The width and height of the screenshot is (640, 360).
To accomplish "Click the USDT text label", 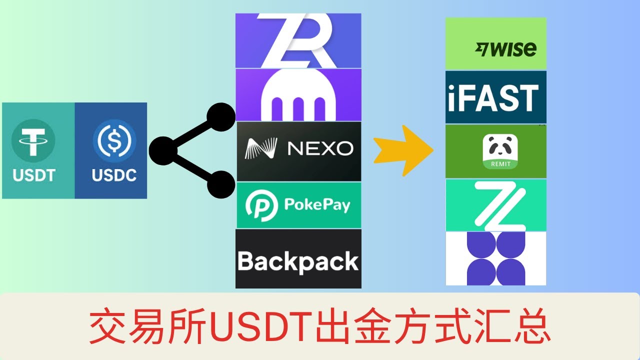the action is [x=34, y=175].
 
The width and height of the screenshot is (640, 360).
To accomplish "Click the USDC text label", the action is [x=114, y=175].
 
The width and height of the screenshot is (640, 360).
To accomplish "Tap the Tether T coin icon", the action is [x=33, y=141].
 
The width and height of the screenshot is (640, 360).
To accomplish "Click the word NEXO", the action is [x=320, y=148].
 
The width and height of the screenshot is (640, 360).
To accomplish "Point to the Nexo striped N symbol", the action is [x=261, y=148].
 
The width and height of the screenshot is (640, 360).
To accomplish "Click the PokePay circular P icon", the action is [x=261, y=205].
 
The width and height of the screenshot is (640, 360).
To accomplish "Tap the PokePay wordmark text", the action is [x=317, y=205].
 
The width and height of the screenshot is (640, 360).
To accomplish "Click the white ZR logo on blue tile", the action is [x=297, y=40].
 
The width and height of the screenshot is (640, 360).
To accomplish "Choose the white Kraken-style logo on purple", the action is [x=298, y=95].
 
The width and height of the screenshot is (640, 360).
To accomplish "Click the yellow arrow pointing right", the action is [x=403, y=150].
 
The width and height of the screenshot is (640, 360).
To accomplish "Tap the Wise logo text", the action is [x=505, y=49].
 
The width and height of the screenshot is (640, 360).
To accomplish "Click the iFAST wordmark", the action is [x=493, y=98].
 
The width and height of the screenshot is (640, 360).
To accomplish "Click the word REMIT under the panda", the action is [x=500, y=164].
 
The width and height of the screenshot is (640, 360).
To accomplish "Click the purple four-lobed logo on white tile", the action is [x=496, y=258].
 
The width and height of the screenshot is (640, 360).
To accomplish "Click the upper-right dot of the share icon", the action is [x=221, y=117].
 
